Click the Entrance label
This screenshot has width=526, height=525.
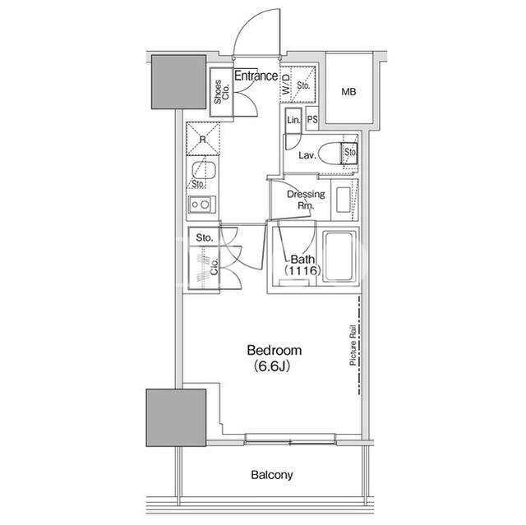click(256, 76)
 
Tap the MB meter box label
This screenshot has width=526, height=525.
click(348, 91)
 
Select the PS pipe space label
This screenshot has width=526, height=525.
click(312, 119)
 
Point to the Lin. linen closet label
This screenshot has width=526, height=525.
click(293, 120)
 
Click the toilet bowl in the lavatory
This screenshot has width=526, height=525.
click(330, 154)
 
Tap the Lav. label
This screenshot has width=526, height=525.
click(307, 155)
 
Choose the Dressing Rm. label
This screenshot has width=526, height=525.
click(306, 200)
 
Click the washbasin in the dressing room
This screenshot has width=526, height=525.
click(343, 200)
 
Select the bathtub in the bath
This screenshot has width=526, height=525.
click(339, 256)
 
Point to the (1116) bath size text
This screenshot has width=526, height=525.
click(302, 270)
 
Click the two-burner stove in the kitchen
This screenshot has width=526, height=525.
click(202, 204)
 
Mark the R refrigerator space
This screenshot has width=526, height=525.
click(203, 139)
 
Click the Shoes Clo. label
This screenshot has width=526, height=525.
click(221, 92)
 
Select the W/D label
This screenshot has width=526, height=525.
click(286, 84)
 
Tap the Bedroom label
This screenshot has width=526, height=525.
click(274, 350)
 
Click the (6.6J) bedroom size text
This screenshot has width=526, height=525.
click(272, 366)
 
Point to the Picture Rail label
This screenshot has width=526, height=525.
click(353, 345)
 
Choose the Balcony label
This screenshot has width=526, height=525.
click(272, 475)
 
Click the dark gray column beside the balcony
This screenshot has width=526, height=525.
click(176, 417)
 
